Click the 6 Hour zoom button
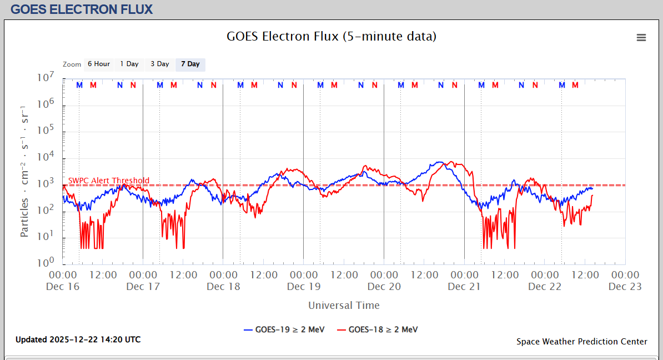click(x=98, y=64)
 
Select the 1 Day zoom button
click(x=129, y=64)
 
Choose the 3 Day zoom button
click(x=160, y=64)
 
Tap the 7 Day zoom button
click(x=190, y=64)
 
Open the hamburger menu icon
click(x=641, y=38)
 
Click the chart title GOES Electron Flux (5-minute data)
click(x=331, y=37)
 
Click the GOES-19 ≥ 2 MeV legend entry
click(x=283, y=329)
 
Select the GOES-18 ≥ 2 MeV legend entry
click(x=377, y=329)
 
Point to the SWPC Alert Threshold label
click(x=109, y=181)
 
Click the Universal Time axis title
click(x=344, y=305)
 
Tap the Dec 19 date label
click(x=304, y=287)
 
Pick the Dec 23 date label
click(x=625, y=287)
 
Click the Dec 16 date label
click(x=63, y=287)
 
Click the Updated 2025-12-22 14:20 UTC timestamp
click(x=78, y=339)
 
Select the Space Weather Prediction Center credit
click(x=582, y=342)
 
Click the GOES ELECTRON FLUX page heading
click(x=82, y=9)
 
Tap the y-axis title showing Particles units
click(x=25, y=171)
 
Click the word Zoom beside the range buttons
click(x=72, y=64)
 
